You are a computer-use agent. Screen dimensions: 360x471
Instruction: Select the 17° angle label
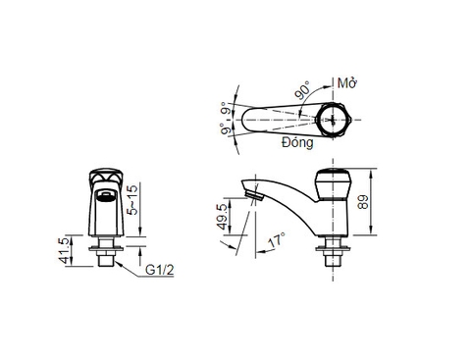(x=277, y=239)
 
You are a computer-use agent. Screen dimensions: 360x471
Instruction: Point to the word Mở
(x=345, y=84)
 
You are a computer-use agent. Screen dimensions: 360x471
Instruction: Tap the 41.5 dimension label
(x=66, y=251)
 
